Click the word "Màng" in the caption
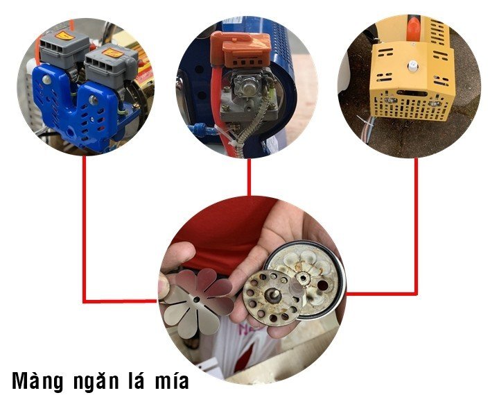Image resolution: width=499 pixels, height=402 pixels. pyautogui.click(x=37, y=381)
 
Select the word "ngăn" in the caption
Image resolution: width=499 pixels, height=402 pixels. pyautogui.click(x=96, y=382)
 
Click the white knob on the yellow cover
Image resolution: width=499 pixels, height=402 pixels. pyautogui.click(x=413, y=67)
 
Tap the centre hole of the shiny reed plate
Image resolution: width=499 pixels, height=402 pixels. pyautogui.click(x=196, y=300)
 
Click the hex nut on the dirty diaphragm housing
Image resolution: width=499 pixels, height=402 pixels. pyautogui.click(x=304, y=279)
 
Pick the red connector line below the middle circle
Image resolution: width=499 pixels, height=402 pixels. pyautogui.click(x=249, y=177)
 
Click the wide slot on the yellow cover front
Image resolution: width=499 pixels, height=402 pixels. pyautogui.click(x=412, y=94)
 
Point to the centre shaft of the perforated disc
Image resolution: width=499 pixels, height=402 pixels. pyautogui.click(x=274, y=295)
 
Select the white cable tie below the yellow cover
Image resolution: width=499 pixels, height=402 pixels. pyautogui.click(x=363, y=121)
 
